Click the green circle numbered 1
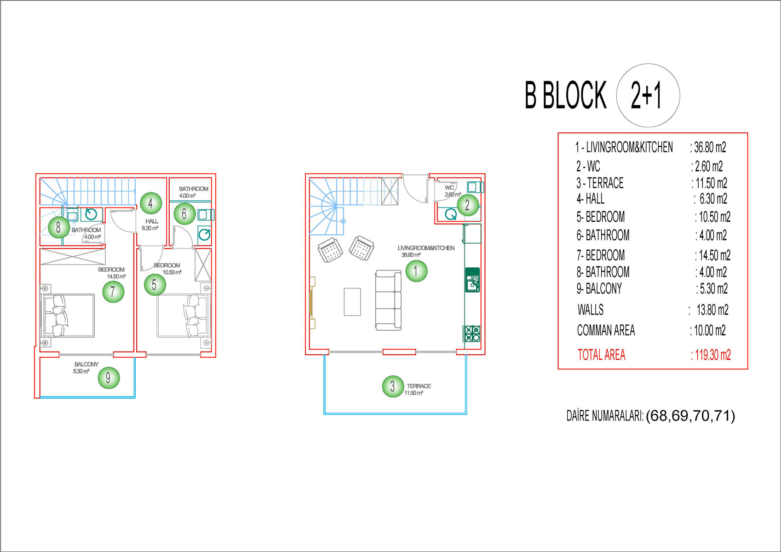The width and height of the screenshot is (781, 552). click(416, 271)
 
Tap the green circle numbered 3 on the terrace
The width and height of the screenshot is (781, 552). click(393, 386)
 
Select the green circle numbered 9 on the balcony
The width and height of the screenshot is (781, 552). click(109, 378)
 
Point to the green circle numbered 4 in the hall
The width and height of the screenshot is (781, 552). click(151, 203)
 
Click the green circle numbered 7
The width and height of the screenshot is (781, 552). click(113, 292)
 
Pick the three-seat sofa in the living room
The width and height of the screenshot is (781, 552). click(388, 300)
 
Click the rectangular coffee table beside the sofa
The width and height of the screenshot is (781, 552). click(352, 302)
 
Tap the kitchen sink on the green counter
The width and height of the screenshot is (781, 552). click(472, 280)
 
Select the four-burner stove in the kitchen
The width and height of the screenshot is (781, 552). click(472, 333)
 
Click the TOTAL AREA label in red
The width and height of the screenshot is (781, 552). click(602, 355)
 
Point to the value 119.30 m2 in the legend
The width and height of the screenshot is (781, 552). click(711, 355)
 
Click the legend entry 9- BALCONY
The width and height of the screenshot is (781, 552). click(599, 288)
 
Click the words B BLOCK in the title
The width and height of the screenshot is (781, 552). click(566, 95)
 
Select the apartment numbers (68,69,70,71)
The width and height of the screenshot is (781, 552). click(690, 416)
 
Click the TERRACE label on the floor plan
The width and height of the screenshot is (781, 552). click(419, 386)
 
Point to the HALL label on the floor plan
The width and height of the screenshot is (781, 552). click(152, 221)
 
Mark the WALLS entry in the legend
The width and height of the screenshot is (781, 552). click(591, 310)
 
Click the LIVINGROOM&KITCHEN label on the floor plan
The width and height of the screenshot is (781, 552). click(426, 248)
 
